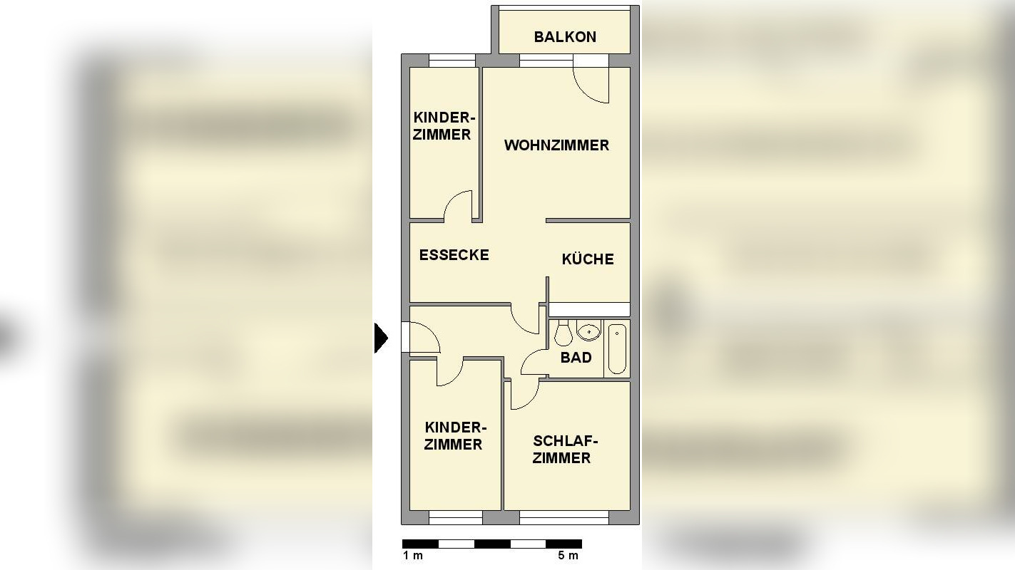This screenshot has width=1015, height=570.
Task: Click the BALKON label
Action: tap(565, 37)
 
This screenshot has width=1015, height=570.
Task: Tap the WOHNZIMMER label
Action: tap(556, 145)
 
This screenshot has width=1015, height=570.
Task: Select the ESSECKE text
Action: tap(454, 255)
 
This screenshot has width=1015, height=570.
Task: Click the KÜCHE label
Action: tap(588, 259)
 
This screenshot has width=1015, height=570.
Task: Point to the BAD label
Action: tap(576, 358)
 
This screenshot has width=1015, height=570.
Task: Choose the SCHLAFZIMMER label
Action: tap(561, 450)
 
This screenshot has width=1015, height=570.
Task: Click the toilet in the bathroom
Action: tap(563, 333)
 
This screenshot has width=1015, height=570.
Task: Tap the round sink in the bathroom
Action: tap(589, 331)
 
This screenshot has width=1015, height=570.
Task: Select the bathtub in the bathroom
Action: tap(617, 348)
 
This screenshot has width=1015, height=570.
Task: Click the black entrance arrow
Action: tap(381, 338)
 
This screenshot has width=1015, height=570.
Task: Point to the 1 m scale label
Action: tap(412, 556)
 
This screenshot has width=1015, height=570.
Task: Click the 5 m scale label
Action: tap(568, 556)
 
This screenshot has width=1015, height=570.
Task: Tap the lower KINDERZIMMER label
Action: tap(454, 436)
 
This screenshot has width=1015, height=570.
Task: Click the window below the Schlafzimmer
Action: tap(563, 517)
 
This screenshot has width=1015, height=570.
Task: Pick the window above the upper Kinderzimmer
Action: tap(452, 61)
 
